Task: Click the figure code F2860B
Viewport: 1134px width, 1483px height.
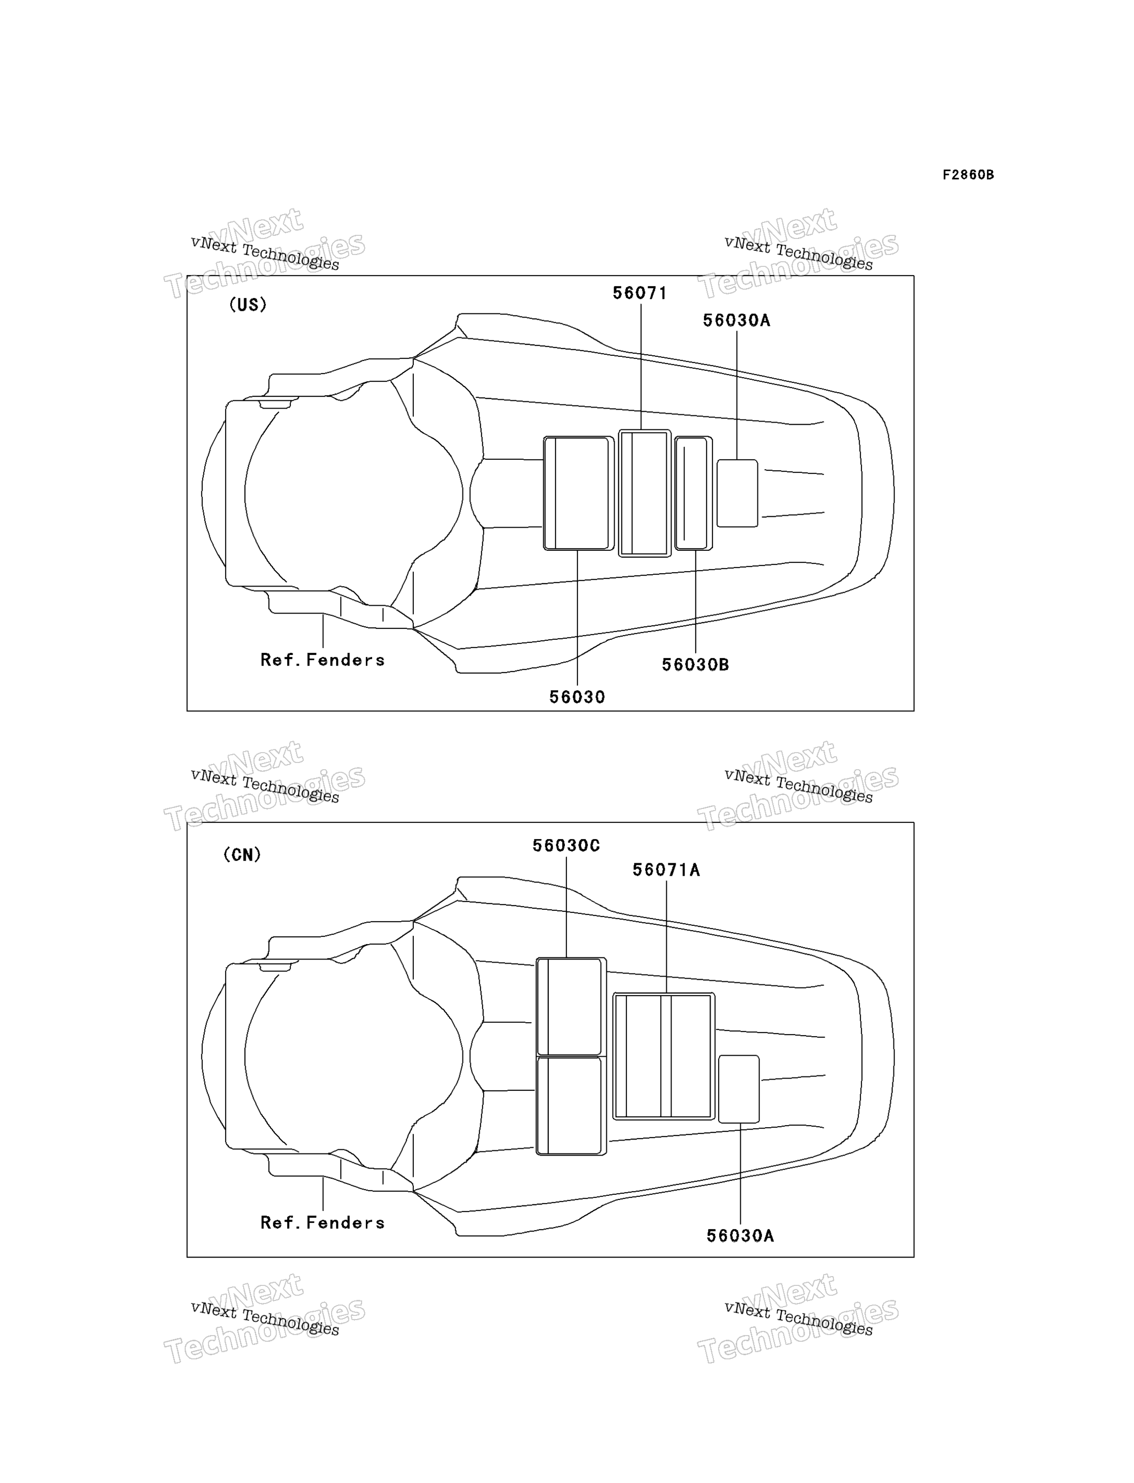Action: [x=968, y=175]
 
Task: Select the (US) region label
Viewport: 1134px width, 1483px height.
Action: [x=248, y=305]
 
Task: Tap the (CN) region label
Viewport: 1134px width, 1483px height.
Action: [x=242, y=855]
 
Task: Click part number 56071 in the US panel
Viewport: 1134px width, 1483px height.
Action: [x=640, y=293]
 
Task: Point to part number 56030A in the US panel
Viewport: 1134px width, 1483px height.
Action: [x=736, y=321]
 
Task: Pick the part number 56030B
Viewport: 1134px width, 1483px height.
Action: [x=695, y=665]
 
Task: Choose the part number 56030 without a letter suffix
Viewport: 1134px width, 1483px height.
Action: [x=577, y=697]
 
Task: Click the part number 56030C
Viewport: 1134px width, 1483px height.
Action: [x=566, y=846]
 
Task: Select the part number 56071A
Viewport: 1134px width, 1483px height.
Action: [x=666, y=870]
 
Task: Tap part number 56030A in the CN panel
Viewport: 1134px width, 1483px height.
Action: [x=740, y=1236]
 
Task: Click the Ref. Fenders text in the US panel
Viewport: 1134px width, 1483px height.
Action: [x=323, y=660]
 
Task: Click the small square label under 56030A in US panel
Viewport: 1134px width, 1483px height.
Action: [x=737, y=493]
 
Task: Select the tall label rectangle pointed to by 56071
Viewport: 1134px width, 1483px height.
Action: [x=645, y=493]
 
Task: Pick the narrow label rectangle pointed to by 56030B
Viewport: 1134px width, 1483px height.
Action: [x=693, y=493]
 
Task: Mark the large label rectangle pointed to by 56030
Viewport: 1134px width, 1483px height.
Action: [x=578, y=493]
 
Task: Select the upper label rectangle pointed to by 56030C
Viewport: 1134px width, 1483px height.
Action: [x=571, y=1007]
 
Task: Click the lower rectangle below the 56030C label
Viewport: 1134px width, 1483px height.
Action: [x=571, y=1106]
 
